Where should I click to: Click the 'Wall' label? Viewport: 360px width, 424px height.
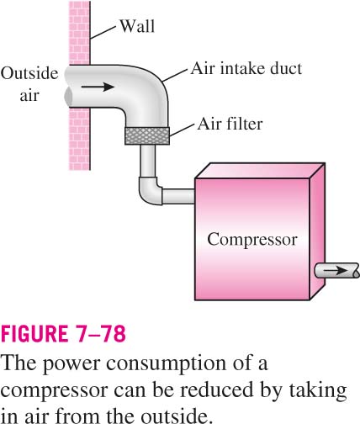point(137,26)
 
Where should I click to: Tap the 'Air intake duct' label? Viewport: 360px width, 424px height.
point(246,68)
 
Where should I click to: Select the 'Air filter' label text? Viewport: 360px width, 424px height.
point(230,124)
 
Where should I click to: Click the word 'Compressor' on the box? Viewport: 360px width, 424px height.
point(252,240)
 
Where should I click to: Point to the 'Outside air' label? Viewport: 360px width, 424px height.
point(29,84)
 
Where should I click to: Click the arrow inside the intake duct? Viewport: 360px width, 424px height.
point(98,87)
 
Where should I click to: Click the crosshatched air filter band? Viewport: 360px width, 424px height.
point(147,135)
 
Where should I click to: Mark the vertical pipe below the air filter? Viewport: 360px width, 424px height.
point(147,161)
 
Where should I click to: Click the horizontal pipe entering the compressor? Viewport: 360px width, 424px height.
point(178,196)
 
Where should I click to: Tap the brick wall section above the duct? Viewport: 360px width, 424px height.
point(79,33)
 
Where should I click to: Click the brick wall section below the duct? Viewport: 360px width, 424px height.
point(79,139)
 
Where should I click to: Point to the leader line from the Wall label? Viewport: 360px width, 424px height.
point(103,32)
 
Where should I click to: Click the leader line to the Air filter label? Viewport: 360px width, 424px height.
point(182,130)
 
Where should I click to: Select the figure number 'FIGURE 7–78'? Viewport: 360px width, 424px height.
point(63,333)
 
